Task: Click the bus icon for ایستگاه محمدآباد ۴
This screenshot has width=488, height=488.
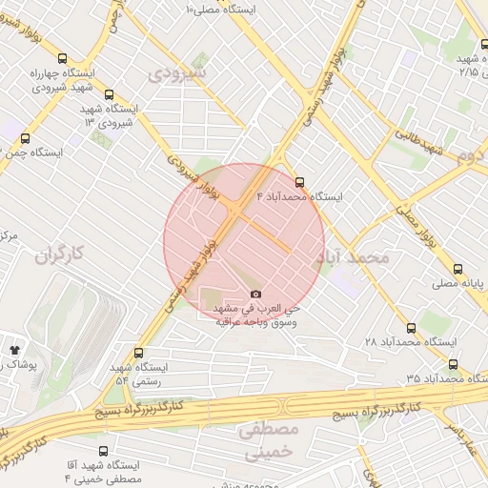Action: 301,181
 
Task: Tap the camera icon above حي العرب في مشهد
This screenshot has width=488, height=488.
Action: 254,295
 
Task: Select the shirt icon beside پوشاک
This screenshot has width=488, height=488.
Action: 14,351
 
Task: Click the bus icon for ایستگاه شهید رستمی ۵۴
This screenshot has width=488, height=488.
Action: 139,353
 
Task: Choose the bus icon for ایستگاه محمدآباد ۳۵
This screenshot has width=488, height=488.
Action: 452,363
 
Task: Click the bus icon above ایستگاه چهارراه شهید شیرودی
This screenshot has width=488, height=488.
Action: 62,56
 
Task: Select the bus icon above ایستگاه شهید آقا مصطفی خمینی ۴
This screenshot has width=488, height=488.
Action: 103,450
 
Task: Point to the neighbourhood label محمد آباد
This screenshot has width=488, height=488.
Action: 354,257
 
